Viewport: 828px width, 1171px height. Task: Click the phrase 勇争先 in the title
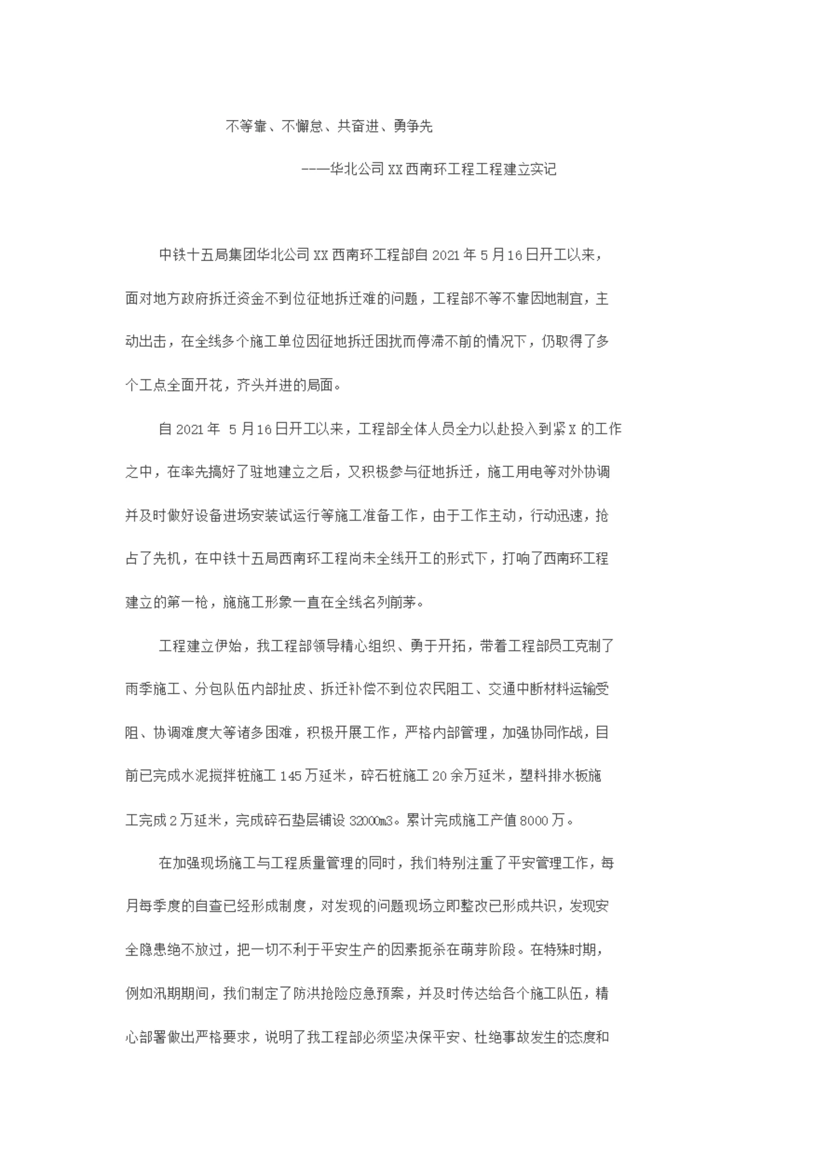pyautogui.click(x=413, y=126)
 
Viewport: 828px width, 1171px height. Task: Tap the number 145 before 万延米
pyautogui.click(x=291, y=776)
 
